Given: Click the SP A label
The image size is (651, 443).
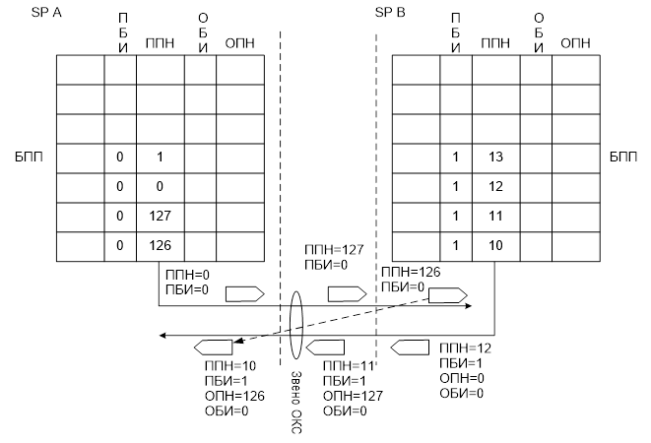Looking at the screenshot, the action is pyautogui.click(x=46, y=13).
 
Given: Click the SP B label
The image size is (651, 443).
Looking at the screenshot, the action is pyautogui.click(x=390, y=13).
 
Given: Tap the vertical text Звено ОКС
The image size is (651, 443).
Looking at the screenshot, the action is pyautogui.click(x=296, y=402).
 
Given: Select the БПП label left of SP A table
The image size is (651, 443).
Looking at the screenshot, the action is pyautogui.click(x=30, y=157).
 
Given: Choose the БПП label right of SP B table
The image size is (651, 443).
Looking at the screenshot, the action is pyautogui.click(x=623, y=157).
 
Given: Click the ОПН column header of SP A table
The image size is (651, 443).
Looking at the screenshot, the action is pyautogui.click(x=239, y=43).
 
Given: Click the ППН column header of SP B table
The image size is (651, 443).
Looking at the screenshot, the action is pyautogui.click(x=495, y=43).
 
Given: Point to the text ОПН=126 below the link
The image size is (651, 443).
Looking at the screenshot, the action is pyautogui.click(x=234, y=396).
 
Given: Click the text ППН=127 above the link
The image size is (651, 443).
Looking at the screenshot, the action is pyautogui.click(x=334, y=249).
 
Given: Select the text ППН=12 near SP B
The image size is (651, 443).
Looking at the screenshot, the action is pyautogui.click(x=466, y=348).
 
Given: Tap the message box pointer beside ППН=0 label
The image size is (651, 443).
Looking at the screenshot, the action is pyautogui.click(x=245, y=294).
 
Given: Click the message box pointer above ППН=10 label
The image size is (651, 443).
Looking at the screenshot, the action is pyautogui.click(x=214, y=348).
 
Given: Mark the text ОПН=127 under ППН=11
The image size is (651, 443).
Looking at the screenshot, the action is pyautogui.click(x=353, y=396).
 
